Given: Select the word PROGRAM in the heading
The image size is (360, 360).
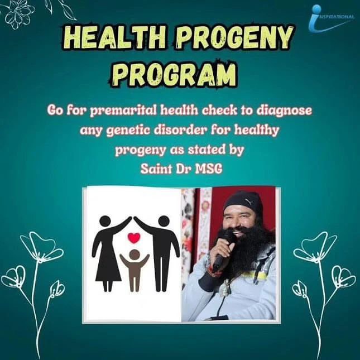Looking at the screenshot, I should point(180,74).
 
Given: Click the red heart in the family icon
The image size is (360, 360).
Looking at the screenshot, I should point(133,237).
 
